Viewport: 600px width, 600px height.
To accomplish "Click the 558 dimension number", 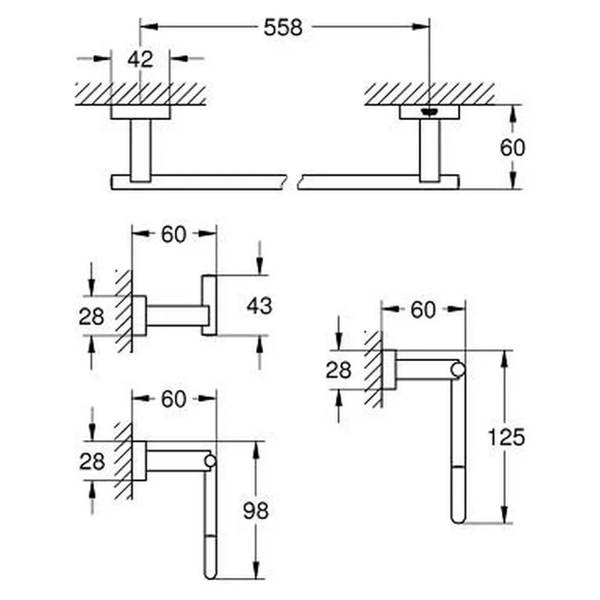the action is (283, 28).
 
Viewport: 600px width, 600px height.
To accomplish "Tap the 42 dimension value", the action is (140, 59).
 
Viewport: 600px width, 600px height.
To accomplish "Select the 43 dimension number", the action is (259, 306).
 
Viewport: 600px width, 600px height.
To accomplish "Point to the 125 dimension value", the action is (506, 437).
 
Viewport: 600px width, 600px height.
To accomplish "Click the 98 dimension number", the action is (256, 510).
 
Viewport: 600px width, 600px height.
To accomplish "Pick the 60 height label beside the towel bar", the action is (512, 148).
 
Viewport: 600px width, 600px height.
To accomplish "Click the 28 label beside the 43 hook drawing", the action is (91, 316).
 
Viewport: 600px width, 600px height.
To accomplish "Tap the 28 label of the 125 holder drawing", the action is (339, 370).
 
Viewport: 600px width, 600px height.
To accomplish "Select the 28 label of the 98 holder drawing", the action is (92, 462).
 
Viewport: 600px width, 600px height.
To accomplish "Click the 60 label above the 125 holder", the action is (423, 310).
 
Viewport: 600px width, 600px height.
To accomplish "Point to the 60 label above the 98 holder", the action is (173, 399).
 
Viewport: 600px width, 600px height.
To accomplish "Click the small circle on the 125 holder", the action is (458, 370).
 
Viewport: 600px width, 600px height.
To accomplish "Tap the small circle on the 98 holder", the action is (210, 461).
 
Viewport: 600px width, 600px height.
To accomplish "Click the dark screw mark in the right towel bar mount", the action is (429, 111).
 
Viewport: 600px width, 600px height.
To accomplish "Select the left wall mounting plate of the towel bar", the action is (140, 112).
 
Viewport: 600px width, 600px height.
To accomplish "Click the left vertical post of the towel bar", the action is (140, 150).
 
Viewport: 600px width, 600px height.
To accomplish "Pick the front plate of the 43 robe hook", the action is (209, 305).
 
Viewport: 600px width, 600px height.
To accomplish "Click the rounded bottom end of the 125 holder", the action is (458, 519).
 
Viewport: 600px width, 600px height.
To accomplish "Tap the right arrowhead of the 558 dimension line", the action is (421, 27).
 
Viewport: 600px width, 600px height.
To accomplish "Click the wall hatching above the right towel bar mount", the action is (430, 93).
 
